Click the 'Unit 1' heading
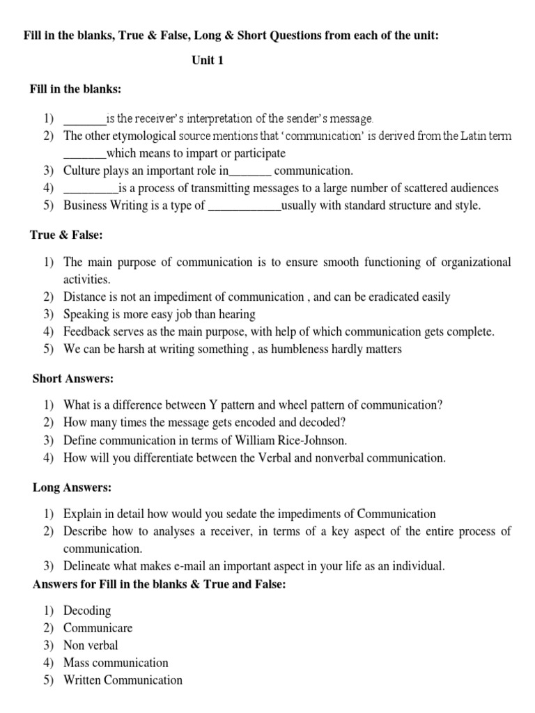click(208, 61)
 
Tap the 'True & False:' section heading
click(66, 235)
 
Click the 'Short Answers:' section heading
click(73, 379)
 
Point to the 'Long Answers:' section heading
click(72, 487)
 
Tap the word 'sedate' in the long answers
click(247, 515)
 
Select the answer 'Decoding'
click(87, 611)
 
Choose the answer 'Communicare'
click(98, 628)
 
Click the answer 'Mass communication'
click(116, 663)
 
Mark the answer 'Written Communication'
click(123, 680)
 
